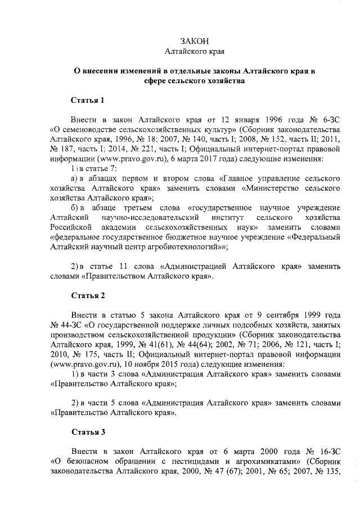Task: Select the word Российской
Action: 70,227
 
